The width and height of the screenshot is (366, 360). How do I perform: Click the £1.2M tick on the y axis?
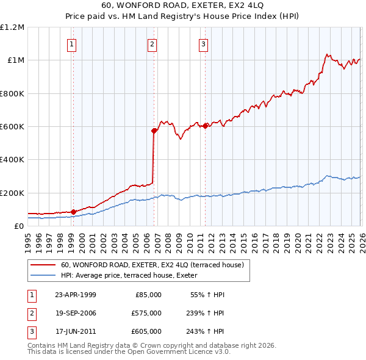click(12, 27)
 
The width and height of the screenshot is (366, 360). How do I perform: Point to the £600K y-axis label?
click(12, 127)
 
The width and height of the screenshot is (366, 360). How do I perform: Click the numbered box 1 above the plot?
click(72, 43)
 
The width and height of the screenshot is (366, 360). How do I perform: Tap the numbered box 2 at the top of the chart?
click(151, 43)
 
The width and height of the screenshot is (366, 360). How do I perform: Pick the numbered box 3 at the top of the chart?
click(203, 43)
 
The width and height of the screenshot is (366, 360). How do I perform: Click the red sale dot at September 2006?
click(154, 130)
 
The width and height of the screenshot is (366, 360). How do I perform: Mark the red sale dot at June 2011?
click(206, 126)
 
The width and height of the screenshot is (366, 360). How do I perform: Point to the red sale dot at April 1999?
click(73, 212)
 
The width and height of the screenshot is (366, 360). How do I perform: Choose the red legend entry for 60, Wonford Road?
click(152, 265)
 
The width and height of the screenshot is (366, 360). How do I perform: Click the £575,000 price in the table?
click(146, 313)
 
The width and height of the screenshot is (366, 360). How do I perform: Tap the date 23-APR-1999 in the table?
click(76, 294)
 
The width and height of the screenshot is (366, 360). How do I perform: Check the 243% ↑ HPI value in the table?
click(206, 331)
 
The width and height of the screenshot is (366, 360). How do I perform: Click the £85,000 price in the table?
click(148, 294)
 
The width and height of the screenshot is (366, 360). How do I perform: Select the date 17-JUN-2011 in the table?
click(76, 331)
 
